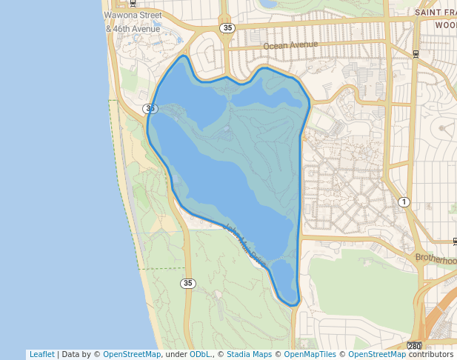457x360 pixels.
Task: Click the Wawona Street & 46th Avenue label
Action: click(133, 21)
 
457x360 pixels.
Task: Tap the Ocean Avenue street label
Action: click(290, 46)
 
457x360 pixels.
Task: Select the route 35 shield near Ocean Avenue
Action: click(227, 27)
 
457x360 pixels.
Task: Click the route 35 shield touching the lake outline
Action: click(150, 109)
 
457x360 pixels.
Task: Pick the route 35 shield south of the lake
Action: click(187, 283)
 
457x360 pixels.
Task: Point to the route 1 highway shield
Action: click(404, 202)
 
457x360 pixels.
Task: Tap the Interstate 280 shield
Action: click(415, 346)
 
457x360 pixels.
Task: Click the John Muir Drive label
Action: click(244, 245)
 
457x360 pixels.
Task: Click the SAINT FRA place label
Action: click(436, 13)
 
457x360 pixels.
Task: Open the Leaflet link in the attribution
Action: click(41, 355)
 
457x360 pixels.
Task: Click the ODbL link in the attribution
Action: click(199, 355)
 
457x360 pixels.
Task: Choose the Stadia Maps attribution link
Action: click(249, 355)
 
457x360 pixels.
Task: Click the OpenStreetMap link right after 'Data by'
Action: click(132, 355)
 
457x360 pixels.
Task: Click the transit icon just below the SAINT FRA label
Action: click(416, 53)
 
